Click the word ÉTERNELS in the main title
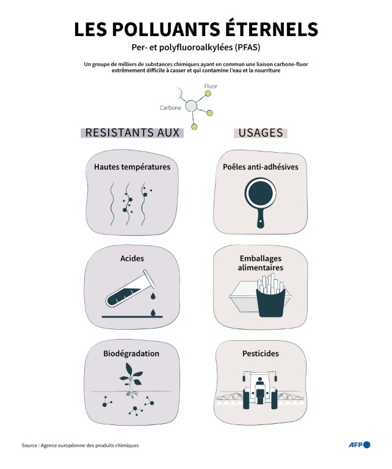261,29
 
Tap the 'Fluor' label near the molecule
210,87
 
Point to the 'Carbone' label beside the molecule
170,108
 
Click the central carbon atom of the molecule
191,106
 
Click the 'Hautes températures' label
132,167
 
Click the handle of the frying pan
261,219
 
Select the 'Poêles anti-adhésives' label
261,167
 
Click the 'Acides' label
132,258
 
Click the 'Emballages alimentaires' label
261,263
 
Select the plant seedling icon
131,379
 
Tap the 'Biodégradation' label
131,354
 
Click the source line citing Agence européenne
80,445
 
